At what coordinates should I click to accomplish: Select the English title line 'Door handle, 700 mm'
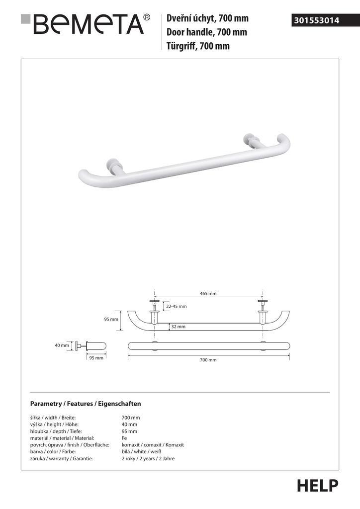pos(207,33)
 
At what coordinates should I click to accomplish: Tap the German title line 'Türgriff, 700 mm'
pos(198,47)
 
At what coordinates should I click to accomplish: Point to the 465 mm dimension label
pos(208,294)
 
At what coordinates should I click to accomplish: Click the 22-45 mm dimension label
pos(177,307)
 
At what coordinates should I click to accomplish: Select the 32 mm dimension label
pos(178,327)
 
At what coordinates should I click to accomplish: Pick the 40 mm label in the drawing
pos(62,345)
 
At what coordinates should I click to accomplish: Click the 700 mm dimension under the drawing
pos(208,360)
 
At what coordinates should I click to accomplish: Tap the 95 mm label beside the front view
pos(111,319)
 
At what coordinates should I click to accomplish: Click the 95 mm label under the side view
pos(96,358)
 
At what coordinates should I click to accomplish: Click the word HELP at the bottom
pos(317,485)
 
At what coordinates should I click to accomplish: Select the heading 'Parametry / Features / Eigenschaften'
pos(86,404)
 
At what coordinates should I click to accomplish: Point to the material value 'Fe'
pos(124,438)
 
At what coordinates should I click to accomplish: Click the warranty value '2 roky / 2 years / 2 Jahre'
pos(148,458)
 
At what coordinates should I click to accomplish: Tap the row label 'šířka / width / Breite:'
pos(53,418)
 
